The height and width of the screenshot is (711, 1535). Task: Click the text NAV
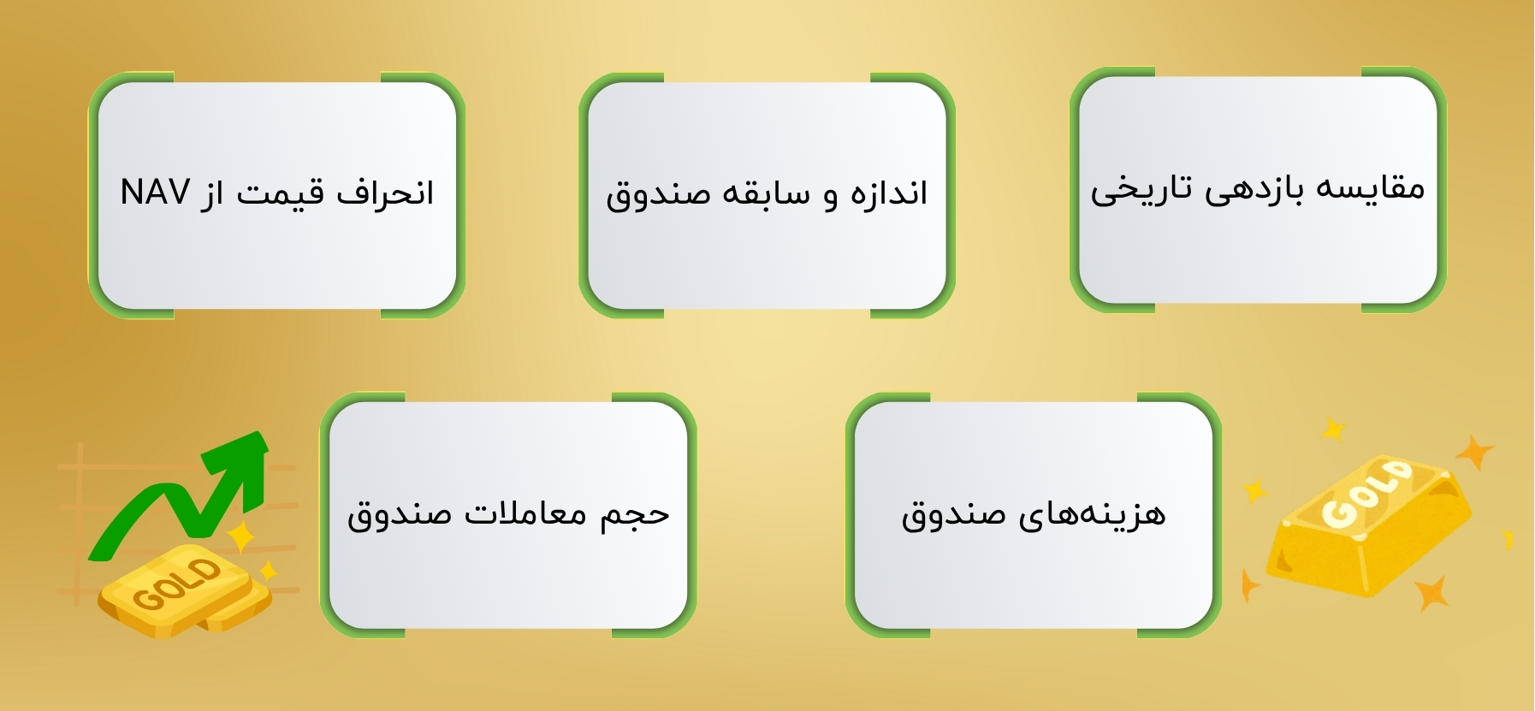(155, 193)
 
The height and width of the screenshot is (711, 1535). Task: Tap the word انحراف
(385, 193)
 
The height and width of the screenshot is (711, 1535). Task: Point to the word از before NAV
(212, 193)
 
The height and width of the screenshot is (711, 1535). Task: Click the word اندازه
(889, 193)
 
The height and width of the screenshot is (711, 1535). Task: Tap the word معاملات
(525, 513)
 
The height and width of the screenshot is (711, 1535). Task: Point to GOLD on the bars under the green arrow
(177, 585)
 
